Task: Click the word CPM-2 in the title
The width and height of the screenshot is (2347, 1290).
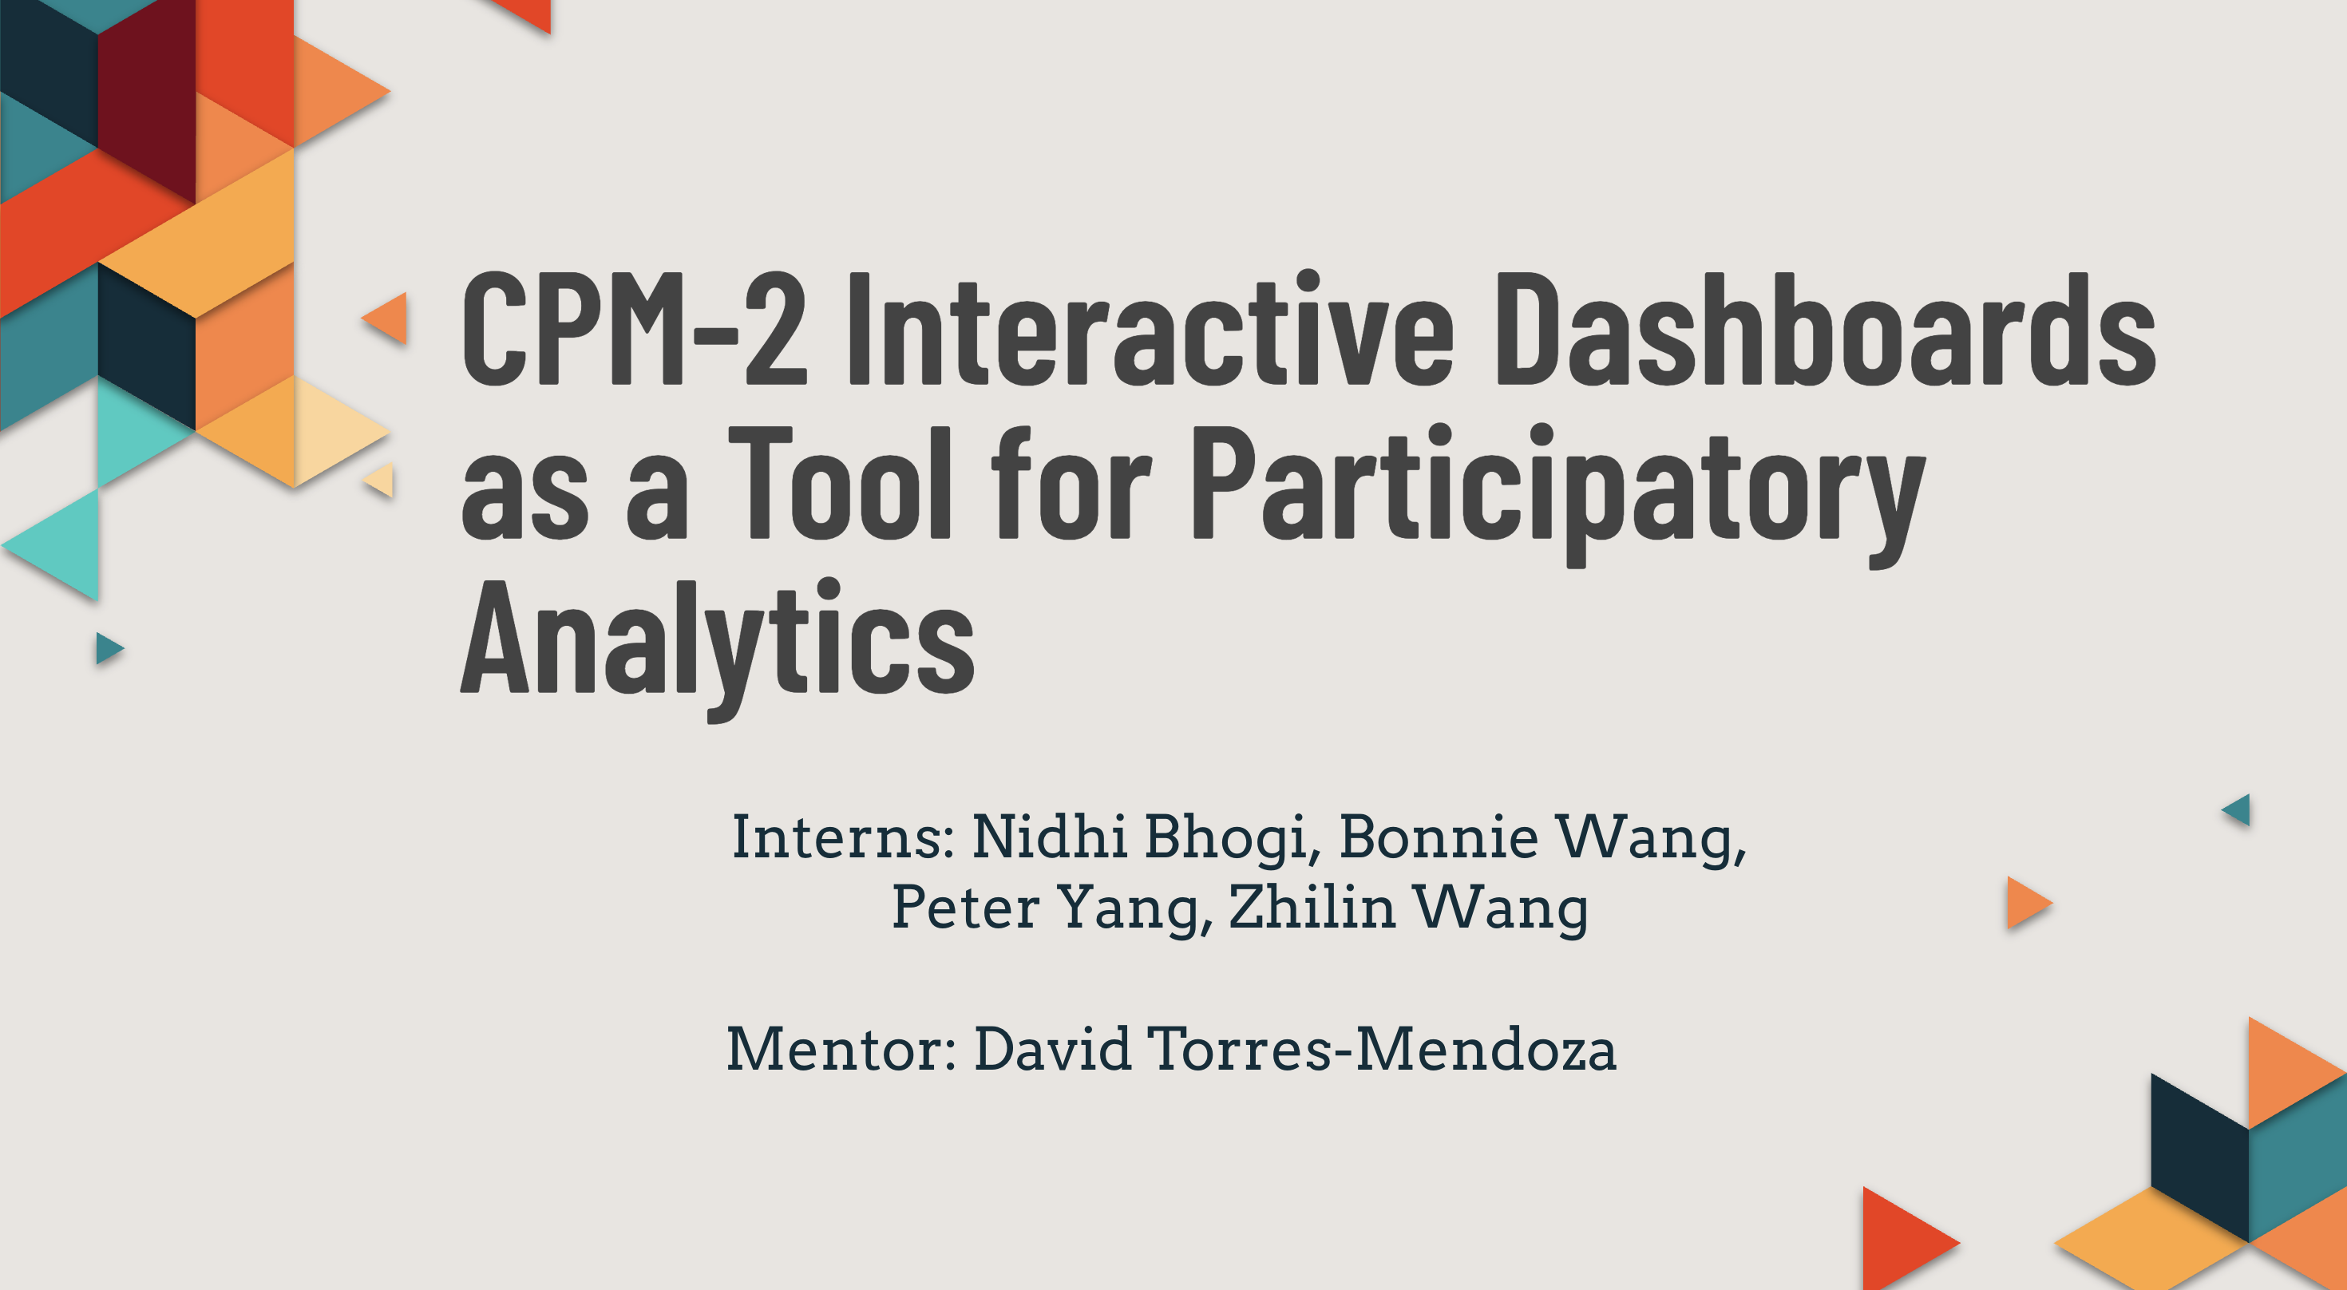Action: (635, 328)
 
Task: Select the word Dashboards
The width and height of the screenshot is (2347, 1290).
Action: (1826, 328)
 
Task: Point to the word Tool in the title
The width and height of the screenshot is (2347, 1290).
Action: (839, 483)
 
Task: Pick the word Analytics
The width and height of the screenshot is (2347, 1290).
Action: (717, 650)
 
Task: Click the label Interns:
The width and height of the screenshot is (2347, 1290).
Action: (843, 837)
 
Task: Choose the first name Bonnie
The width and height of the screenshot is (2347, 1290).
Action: (1439, 837)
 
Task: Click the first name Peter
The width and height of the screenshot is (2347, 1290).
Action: (966, 908)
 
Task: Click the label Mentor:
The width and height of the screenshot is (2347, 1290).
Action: (841, 1050)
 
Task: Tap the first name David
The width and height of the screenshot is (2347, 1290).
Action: (1052, 1050)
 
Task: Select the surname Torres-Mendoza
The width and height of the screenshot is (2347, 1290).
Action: (1381, 1050)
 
